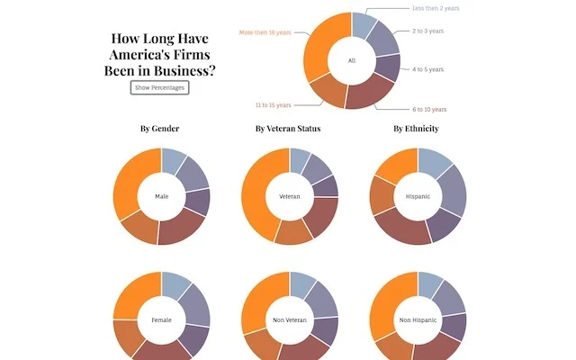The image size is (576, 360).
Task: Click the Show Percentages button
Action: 160,88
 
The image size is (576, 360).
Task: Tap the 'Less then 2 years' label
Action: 436,8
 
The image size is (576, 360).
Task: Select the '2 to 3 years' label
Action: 428,31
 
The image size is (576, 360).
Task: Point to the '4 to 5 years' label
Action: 428,69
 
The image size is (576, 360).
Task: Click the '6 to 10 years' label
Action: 429,110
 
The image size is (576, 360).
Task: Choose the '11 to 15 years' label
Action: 274,105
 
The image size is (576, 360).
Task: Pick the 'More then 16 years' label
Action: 265,32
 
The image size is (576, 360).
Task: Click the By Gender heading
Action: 160,129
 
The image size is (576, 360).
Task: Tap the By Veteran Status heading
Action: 288,129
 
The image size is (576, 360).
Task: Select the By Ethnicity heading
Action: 416,129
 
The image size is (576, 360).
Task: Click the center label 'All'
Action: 352,60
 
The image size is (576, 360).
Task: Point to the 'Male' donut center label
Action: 162,196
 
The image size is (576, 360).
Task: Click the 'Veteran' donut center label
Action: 290,196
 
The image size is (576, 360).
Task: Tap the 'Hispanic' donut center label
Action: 418,196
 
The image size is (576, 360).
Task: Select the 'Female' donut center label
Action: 162,320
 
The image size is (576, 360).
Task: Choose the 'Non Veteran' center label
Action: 290,320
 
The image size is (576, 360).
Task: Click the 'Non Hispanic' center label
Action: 418,320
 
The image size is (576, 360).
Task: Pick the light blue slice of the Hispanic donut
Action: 434,161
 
